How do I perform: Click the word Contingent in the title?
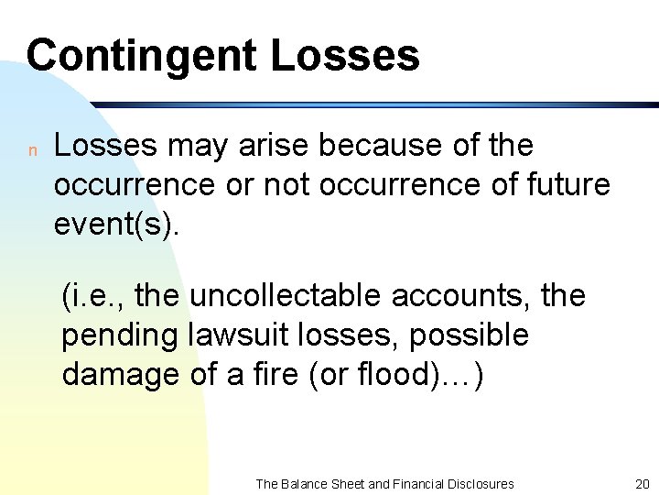pos(141,55)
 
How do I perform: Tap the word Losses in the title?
pos(345,55)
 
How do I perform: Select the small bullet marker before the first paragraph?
pos(31,149)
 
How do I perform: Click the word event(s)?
pos(117,224)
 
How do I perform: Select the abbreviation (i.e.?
pos(94,296)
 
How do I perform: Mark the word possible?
pos(469,335)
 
